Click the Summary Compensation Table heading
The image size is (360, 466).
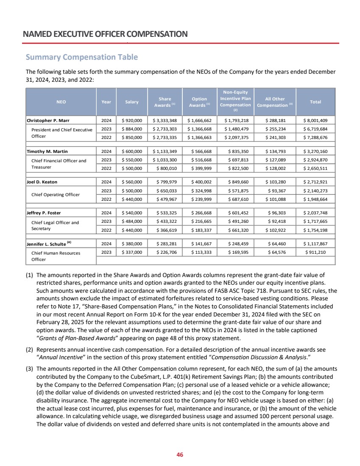[82, 57]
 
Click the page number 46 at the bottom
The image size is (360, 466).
[180, 455]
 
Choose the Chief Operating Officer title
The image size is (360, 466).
[55, 194]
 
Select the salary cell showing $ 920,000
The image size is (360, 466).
[132, 121]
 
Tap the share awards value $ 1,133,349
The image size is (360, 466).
[165, 151]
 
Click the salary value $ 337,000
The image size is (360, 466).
[132, 252]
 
